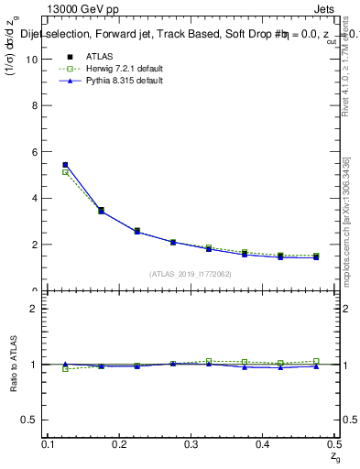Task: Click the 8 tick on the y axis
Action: [37, 105]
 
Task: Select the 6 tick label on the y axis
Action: [37, 152]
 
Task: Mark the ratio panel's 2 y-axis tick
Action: [37, 309]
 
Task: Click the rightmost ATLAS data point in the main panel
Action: [316, 256]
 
